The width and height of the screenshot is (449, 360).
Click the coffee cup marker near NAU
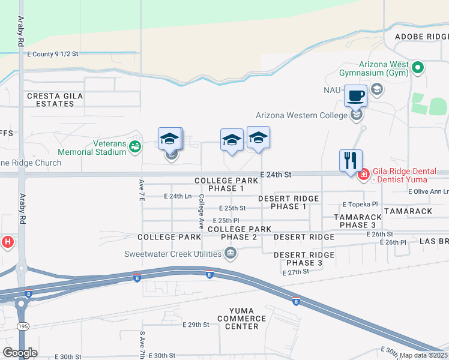[355, 96]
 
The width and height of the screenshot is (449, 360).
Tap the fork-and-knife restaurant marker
[351, 160]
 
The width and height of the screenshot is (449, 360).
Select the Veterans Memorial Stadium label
[92, 148]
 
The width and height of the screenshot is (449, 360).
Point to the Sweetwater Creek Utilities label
[174, 254]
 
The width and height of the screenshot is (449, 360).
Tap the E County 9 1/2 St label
[53, 54]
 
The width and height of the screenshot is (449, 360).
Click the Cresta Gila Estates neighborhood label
[50, 100]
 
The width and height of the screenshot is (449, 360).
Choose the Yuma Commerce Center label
[238, 319]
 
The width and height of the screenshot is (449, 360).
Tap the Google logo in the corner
[20, 353]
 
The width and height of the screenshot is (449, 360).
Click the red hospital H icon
[8, 242]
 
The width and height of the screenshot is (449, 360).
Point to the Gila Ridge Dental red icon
[363, 175]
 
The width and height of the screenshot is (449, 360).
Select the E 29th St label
[196, 325]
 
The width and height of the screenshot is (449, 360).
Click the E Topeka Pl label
[360, 205]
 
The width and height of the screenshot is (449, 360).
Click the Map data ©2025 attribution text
[422, 355]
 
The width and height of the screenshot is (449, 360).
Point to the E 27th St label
[295, 272]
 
